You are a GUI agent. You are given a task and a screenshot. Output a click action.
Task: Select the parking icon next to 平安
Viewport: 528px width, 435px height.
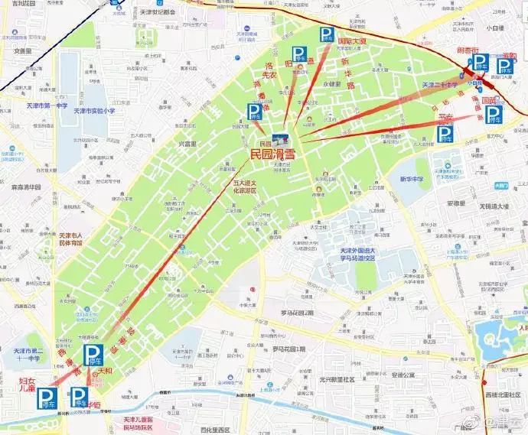pyautogui.click(x=444, y=135)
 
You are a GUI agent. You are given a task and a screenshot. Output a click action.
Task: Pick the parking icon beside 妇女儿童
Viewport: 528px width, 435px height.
pyautogui.click(x=49, y=398)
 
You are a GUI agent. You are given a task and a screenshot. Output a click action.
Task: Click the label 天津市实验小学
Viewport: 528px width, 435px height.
pyautogui.click(x=94, y=111)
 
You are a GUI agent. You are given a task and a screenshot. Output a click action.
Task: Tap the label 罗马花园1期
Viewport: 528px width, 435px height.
pyautogui.click(x=288, y=349)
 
